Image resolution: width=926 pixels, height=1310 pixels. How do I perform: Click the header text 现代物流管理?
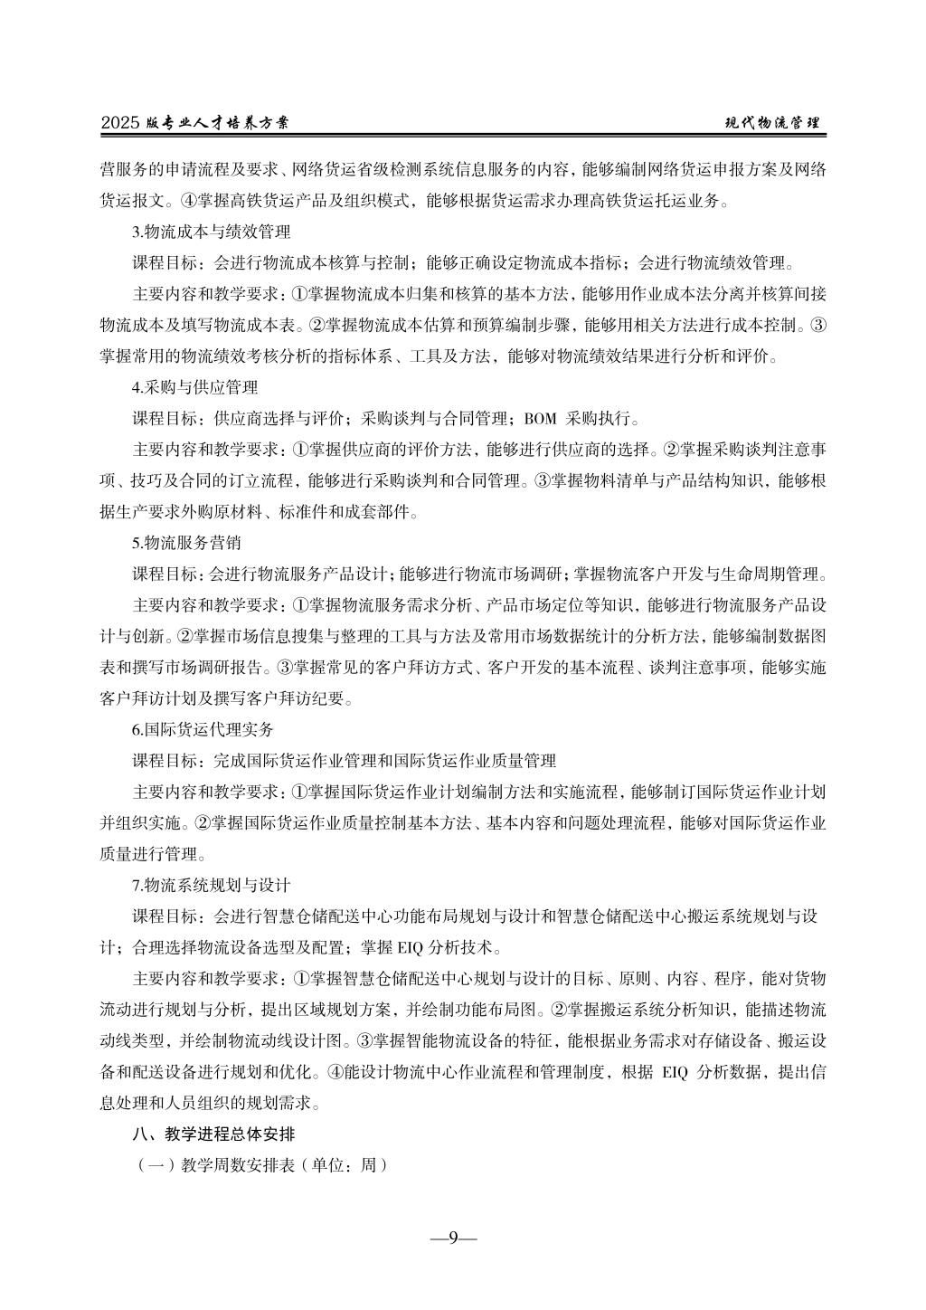774,123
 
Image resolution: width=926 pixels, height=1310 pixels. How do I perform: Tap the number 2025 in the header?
119,124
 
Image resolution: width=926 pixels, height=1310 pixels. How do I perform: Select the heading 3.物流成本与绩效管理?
211,233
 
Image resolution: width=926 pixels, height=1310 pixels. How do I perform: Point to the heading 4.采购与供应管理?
194,387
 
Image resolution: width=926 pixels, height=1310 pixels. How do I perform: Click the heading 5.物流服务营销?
186,543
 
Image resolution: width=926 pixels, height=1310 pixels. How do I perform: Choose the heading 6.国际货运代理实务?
203,729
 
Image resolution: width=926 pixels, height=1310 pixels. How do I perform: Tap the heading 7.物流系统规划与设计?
211,884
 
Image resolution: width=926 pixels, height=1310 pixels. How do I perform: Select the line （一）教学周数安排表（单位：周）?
261,1164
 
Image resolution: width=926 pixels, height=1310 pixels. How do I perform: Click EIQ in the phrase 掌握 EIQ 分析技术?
411,947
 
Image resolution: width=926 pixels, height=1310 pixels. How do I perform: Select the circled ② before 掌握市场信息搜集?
186,636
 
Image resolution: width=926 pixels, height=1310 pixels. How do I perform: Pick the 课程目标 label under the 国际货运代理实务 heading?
166,760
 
